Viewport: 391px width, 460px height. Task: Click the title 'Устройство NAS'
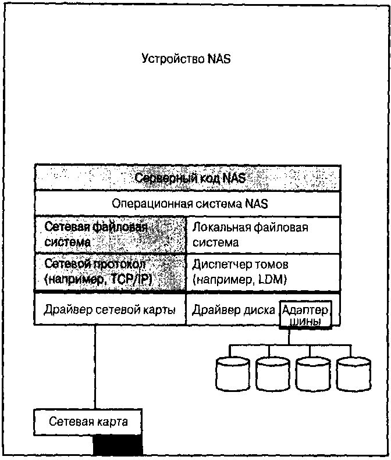[x=186, y=59]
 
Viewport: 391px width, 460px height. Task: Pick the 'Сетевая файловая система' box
[x=110, y=234]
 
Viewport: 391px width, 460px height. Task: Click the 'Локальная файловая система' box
[x=262, y=234]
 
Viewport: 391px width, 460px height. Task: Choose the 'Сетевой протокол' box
[x=110, y=271]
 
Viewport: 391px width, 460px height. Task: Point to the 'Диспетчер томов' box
[x=262, y=271]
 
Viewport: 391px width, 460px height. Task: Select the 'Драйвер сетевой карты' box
[x=110, y=309]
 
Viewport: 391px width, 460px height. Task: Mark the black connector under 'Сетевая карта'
[x=118, y=445]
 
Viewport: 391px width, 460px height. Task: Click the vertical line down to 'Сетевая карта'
[x=95, y=366]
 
